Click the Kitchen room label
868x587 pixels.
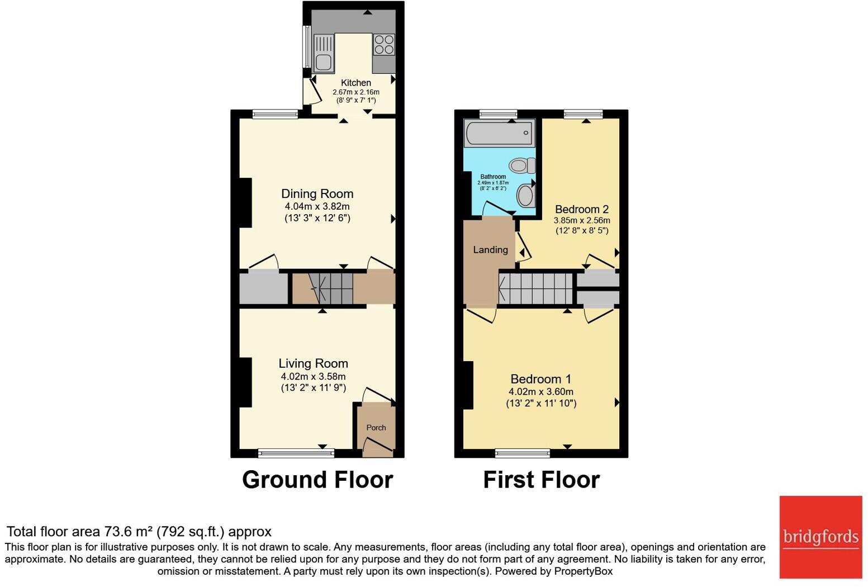356,83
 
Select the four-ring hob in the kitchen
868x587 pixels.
383,44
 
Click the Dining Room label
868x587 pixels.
317,194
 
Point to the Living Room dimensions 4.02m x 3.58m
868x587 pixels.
313,377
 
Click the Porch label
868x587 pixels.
376,428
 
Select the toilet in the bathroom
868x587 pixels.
521,165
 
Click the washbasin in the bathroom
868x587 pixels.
526,196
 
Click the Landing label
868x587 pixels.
490,250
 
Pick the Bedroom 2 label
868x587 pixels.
581,210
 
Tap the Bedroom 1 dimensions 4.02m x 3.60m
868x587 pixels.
540,392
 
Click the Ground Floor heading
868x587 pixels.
317,480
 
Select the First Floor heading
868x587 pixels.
541,480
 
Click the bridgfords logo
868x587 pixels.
820,537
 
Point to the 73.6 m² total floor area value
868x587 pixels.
129,532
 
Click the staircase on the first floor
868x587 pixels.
535,288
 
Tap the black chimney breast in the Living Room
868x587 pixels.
245,382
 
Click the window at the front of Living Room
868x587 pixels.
296,452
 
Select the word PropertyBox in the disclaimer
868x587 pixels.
583,571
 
